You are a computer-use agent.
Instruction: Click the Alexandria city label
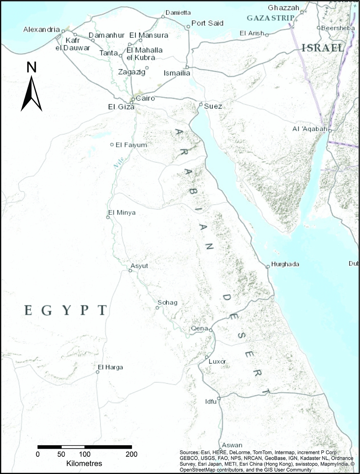41,30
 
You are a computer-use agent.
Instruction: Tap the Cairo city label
145,98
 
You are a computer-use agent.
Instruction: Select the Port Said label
207,23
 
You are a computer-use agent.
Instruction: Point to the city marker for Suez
201,105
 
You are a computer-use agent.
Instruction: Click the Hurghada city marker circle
268,267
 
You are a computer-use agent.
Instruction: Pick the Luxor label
217,361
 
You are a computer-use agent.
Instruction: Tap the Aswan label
232,445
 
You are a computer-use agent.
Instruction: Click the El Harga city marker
98,372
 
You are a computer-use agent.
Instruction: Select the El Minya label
122,213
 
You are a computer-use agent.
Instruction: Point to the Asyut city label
139,266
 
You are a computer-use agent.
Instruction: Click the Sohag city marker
157,308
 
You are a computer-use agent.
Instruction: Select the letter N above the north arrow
31,68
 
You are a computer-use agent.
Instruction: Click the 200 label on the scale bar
131,454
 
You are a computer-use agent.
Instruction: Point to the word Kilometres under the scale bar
84,464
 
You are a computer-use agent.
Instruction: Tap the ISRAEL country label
323,48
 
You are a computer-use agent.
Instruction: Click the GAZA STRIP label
270,18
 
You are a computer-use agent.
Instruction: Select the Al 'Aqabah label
310,129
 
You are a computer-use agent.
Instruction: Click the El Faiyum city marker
112,144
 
